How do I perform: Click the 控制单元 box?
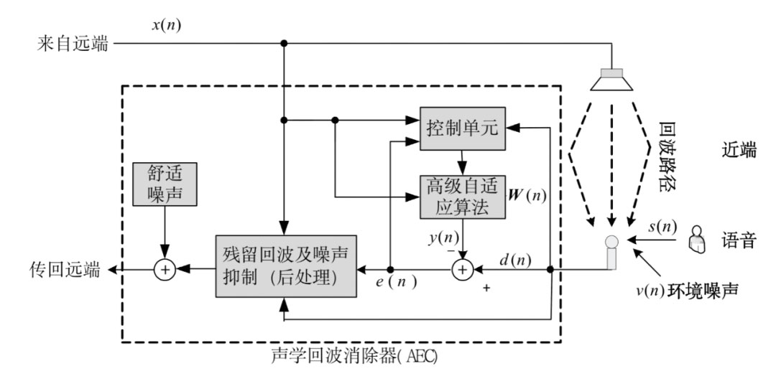(x=463, y=131)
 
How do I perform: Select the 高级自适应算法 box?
(x=463, y=196)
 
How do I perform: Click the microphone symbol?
(x=611, y=251)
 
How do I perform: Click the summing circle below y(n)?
(x=463, y=269)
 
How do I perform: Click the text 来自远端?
(x=73, y=44)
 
